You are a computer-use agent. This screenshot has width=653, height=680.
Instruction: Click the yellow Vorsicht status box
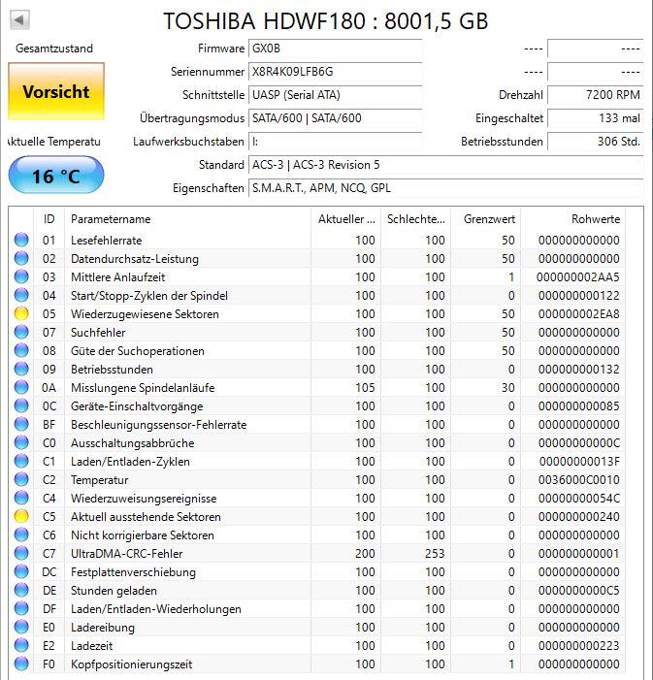click(x=55, y=91)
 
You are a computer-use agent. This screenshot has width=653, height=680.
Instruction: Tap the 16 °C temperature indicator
click(x=55, y=176)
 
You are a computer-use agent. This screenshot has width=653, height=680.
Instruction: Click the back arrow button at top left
click(x=19, y=19)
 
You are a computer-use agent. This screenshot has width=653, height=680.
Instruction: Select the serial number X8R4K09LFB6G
click(x=292, y=72)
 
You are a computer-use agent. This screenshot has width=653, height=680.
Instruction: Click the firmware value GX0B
click(x=263, y=49)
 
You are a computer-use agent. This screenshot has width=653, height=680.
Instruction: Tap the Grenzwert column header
click(x=489, y=219)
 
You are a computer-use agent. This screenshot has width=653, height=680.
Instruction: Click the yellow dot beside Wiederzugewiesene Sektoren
click(x=21, y=314)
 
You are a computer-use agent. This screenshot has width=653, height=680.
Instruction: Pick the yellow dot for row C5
click(x=21, y=517)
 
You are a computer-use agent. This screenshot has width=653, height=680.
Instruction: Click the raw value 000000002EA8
click(x=578, y=314)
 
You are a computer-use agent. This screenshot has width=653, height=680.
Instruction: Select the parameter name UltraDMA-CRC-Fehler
click(x=126, y=554)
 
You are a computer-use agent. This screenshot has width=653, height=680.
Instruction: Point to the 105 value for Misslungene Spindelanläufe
click(x=364, y=388)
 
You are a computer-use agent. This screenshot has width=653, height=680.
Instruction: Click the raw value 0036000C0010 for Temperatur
click(x=578, y=480)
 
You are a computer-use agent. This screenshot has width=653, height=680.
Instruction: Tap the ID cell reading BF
click(x=49, y=425)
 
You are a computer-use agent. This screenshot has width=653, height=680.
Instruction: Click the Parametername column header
click(x=111, y=219)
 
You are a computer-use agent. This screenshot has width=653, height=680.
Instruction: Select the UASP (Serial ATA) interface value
click(x=295, y=95)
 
